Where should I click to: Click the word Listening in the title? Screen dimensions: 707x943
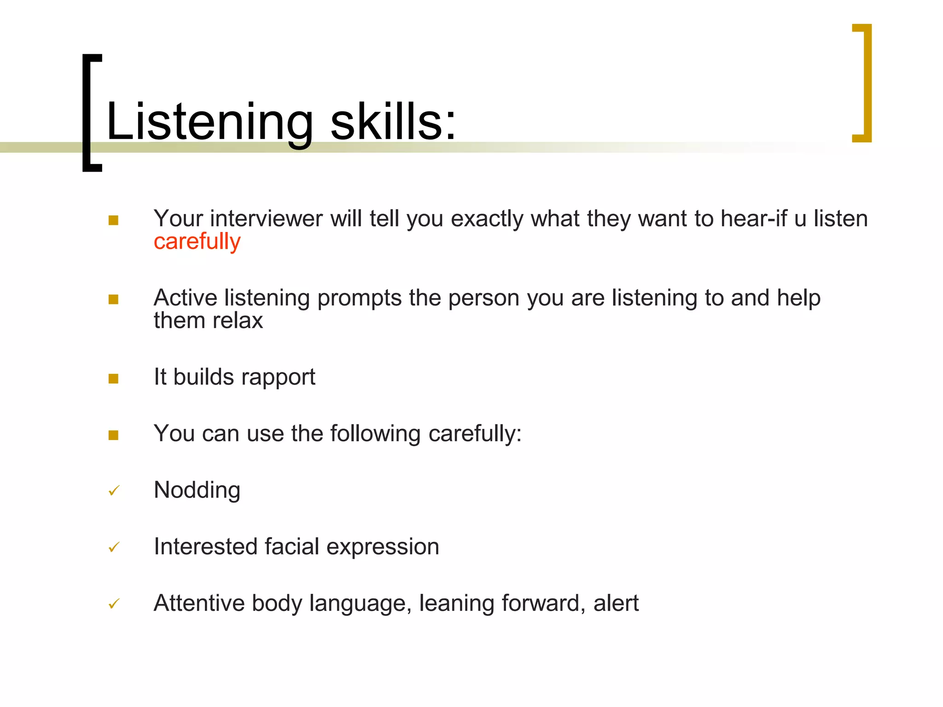[x=210, y=122]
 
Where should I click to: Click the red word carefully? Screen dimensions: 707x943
[x=197, y=242]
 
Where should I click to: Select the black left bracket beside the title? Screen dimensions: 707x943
[x=91, y=113]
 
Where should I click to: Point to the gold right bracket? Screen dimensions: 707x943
[x=863, y=83]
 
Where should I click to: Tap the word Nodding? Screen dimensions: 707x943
[x=197, y=490]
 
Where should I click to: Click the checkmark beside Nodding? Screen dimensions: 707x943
[x=114, y=491]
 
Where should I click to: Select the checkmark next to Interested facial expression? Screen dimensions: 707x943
[x=114, y=547]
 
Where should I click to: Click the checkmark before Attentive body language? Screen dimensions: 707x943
[x=114, y=603]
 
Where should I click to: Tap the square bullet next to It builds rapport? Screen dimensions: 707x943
[x=113, y=378]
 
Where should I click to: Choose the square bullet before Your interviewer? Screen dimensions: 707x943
[x=113, y=220]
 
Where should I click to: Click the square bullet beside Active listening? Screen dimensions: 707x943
[x=113, y=299]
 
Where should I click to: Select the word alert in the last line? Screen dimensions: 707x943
[x=616, y=603]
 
